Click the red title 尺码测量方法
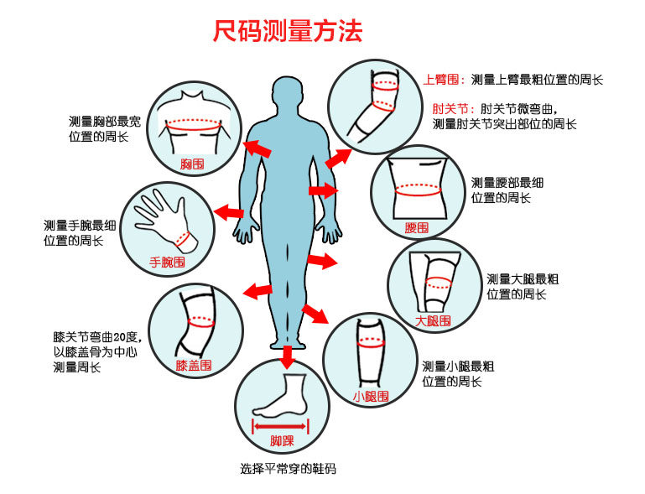287,33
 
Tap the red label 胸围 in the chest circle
192,164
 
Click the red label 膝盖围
194,366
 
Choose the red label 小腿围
370,396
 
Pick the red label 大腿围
433,320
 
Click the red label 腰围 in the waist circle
417,227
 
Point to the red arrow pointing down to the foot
288,357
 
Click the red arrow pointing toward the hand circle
229,211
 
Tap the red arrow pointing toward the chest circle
257,148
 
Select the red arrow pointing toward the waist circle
323,191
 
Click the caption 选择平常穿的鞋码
288,469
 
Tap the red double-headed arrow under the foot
281,425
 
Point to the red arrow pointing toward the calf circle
315,314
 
